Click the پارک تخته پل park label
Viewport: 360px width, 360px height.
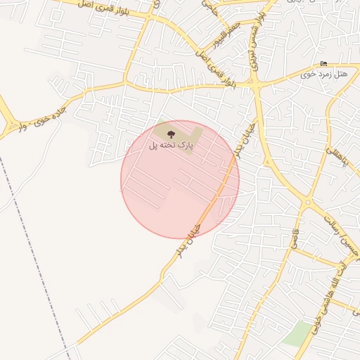[x=171, y=145]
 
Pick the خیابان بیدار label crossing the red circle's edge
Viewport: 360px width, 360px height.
[x=195, y=224]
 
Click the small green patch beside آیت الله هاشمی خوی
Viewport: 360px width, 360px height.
[x=297, y=333]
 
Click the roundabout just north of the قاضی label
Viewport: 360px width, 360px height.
[x=307, y=203]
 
